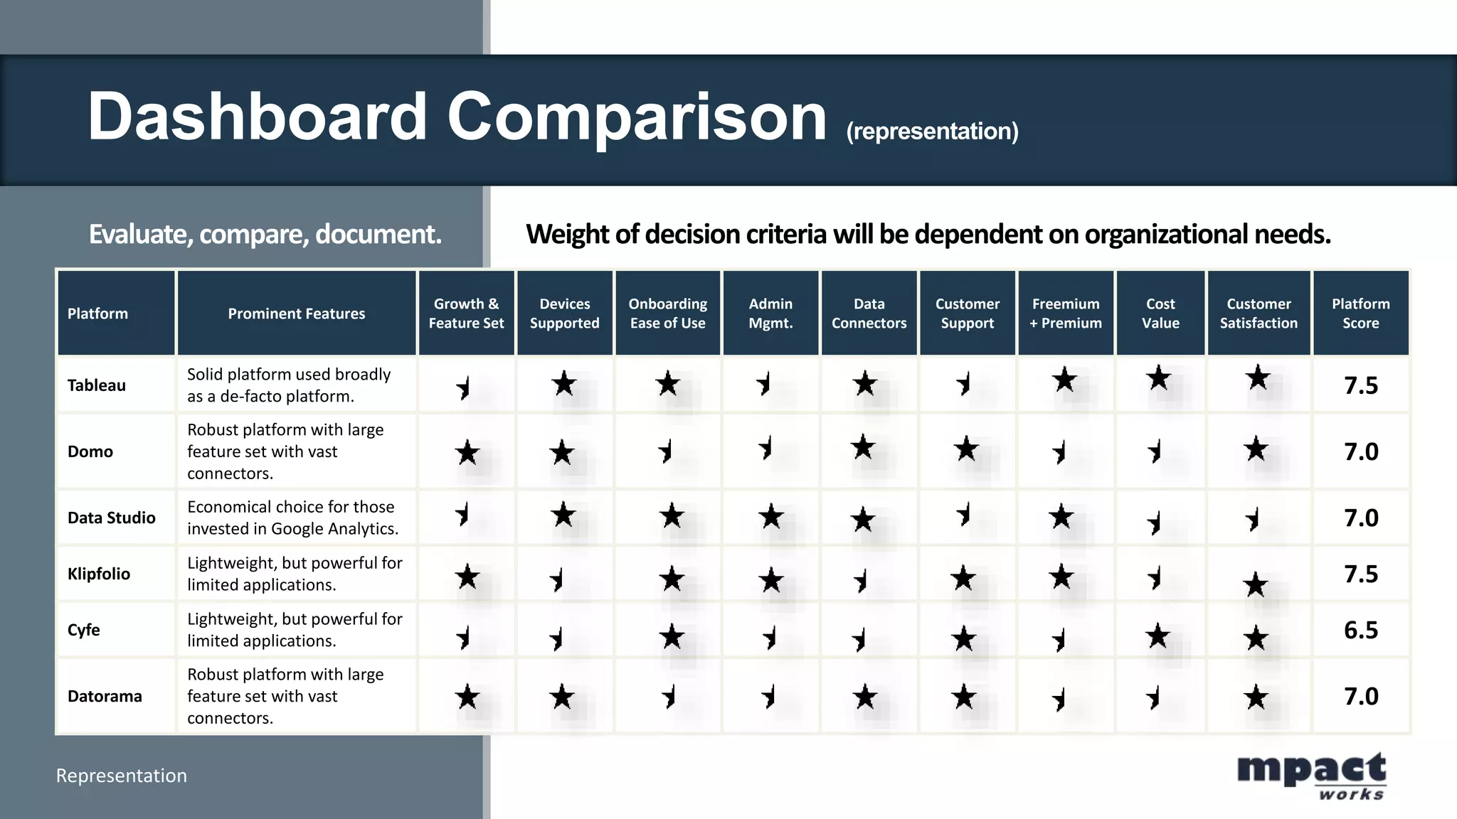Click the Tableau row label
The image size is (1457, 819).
point(97,385)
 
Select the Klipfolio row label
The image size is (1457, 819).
point(99,574)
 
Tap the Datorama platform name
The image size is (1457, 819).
point(105,696)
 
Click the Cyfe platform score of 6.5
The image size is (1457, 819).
point(1360,630)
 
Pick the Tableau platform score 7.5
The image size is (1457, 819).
point(1360,385)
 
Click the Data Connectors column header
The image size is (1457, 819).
point(869,314)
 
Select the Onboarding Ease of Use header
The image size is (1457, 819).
point(667,314)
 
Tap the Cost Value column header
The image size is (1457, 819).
point(1160,314)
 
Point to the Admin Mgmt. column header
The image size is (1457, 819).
point(770,314)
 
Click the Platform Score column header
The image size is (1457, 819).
point(1360,314)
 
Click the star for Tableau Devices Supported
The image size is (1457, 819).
point(564,384)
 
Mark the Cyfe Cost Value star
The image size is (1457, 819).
point(1158,636)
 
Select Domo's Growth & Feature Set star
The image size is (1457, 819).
point(467,452)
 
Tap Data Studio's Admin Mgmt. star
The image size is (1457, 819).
point(771,517)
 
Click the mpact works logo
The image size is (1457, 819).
point(1311,776)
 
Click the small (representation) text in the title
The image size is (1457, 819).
point(932,132)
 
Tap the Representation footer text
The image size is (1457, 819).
point(122,776)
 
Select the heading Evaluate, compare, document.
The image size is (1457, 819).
point(265,234)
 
